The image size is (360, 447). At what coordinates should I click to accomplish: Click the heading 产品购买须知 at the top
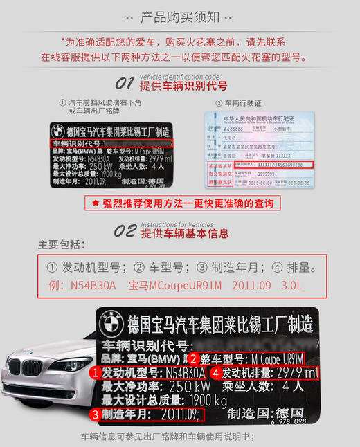click(179, 16)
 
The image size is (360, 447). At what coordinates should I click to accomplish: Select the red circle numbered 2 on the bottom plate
click(195, 359)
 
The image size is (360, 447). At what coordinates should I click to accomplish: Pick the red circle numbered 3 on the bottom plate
click(95, 414)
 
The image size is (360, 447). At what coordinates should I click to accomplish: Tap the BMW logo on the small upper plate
click(58, 131)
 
